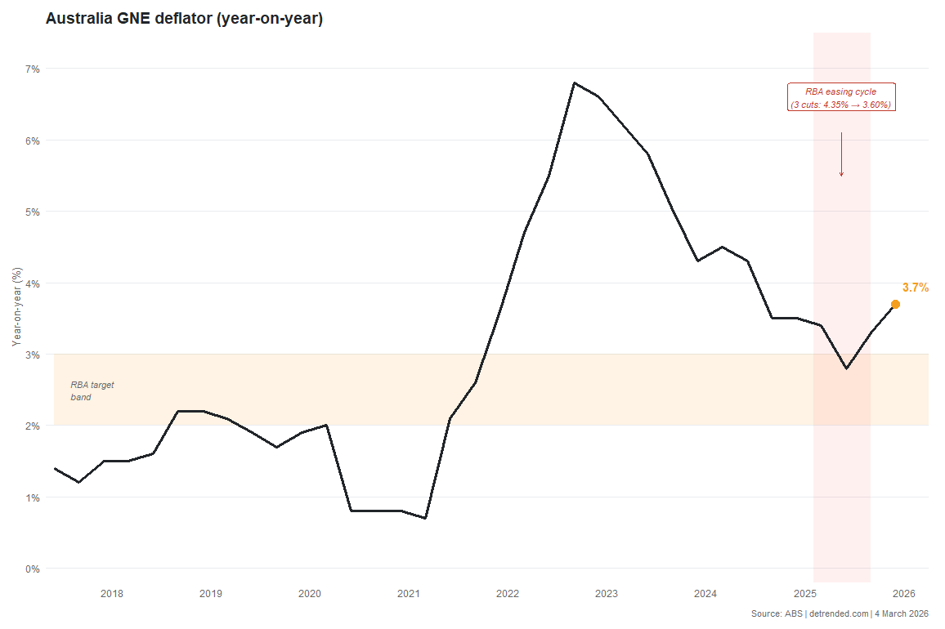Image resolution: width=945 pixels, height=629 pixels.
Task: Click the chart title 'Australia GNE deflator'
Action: pos(184,19)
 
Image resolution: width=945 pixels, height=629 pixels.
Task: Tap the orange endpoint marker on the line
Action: pos(895,304)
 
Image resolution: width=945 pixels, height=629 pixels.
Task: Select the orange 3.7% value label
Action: pos(915,288)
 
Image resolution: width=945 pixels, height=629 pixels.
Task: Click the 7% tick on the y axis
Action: pos(32,69)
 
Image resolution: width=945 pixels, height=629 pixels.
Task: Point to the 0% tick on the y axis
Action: pos(32,569)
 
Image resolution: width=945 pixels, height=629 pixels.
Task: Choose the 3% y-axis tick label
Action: pos(32,355)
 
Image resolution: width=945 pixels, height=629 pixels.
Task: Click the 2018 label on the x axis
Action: pos(112,593)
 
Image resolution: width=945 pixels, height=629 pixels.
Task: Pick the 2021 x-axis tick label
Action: pos(409,593)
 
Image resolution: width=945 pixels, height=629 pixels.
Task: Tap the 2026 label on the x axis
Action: pos(903,593)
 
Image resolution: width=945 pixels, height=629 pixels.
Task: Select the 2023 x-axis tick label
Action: pos(607,593)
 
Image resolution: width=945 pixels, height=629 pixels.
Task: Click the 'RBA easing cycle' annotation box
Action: pos(841,98)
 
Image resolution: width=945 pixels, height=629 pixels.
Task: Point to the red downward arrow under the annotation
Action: pos(841,155)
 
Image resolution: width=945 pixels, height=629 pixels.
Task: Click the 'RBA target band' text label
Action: pos(92,390)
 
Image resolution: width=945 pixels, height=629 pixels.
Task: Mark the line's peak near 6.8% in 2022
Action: pos(574,83)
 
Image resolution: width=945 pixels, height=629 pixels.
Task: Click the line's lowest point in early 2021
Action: pos(426,518)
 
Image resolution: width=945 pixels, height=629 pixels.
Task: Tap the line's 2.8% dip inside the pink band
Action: pos(846,368)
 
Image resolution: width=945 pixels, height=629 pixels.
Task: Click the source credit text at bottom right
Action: pos(839,613)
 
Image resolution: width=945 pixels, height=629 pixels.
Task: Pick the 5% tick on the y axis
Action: pos(32,212)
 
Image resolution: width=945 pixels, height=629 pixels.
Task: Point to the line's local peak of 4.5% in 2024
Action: pos(722,247)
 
